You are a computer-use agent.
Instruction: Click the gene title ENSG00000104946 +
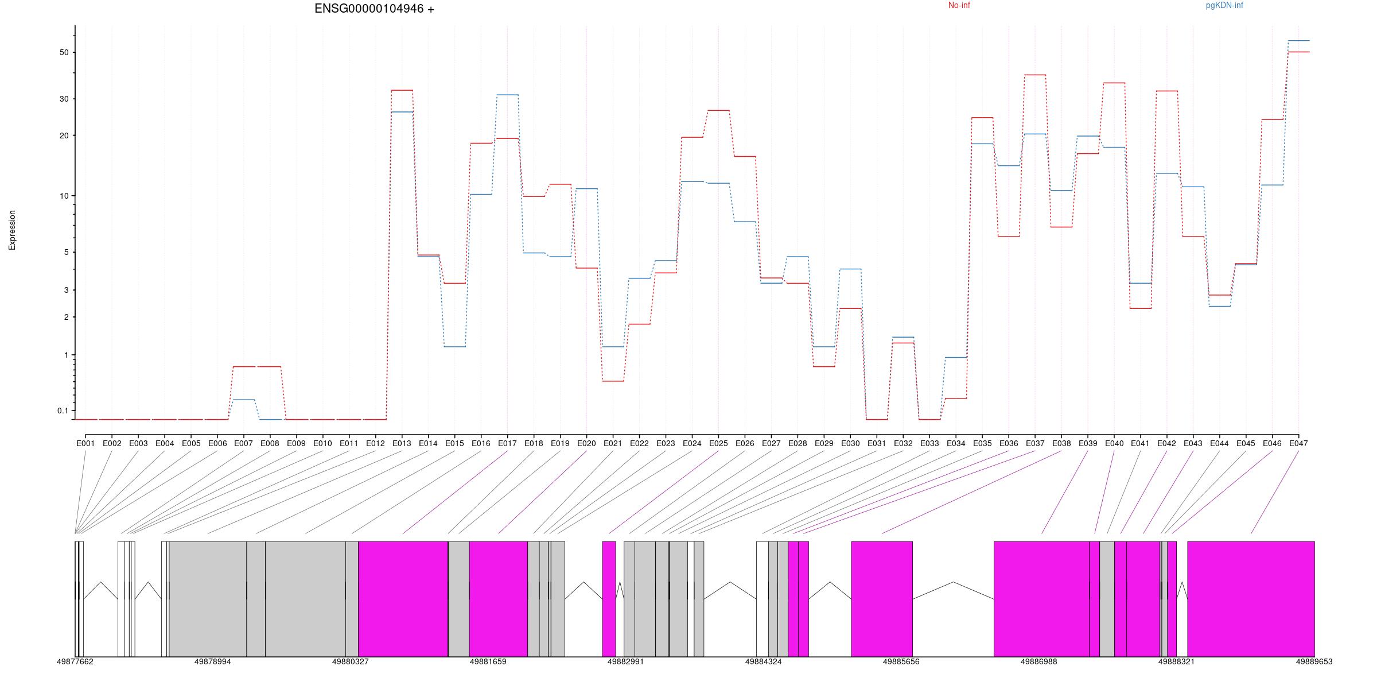tap(374, 9)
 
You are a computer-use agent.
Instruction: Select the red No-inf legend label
tap(959, 6)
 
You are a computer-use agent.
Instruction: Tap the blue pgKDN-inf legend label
tap(1224, 6)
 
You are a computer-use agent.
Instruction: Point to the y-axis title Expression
tap(12, 230)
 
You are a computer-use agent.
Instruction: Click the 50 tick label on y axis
tap(63, 52)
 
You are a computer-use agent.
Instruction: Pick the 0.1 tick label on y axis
tap(63, 411)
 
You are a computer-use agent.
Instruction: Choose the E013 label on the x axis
tap(402, 443)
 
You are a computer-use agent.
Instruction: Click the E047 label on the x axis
tap(1298, 443)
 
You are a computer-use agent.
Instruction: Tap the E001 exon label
tap(85, 443)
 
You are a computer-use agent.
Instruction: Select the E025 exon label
tap(718, 443)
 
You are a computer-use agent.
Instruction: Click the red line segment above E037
tap(1035, 75)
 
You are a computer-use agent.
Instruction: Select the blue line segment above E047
tap(1298, 41)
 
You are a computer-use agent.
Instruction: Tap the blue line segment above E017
tap(507, 95)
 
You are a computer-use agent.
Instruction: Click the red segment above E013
tap(402, 90)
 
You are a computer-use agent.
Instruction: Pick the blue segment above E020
tap(586, 188)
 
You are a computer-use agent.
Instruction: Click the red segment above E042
tap(1166, 91)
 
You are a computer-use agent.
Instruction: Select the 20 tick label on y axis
tap(63, 136)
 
